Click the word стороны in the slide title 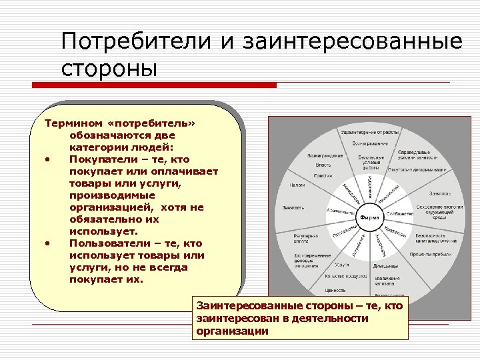pos(109,68)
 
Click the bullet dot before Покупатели pos(48,159)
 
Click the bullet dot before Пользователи pos(48,243)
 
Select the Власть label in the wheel pos(323,165)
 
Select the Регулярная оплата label pos(306,238)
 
